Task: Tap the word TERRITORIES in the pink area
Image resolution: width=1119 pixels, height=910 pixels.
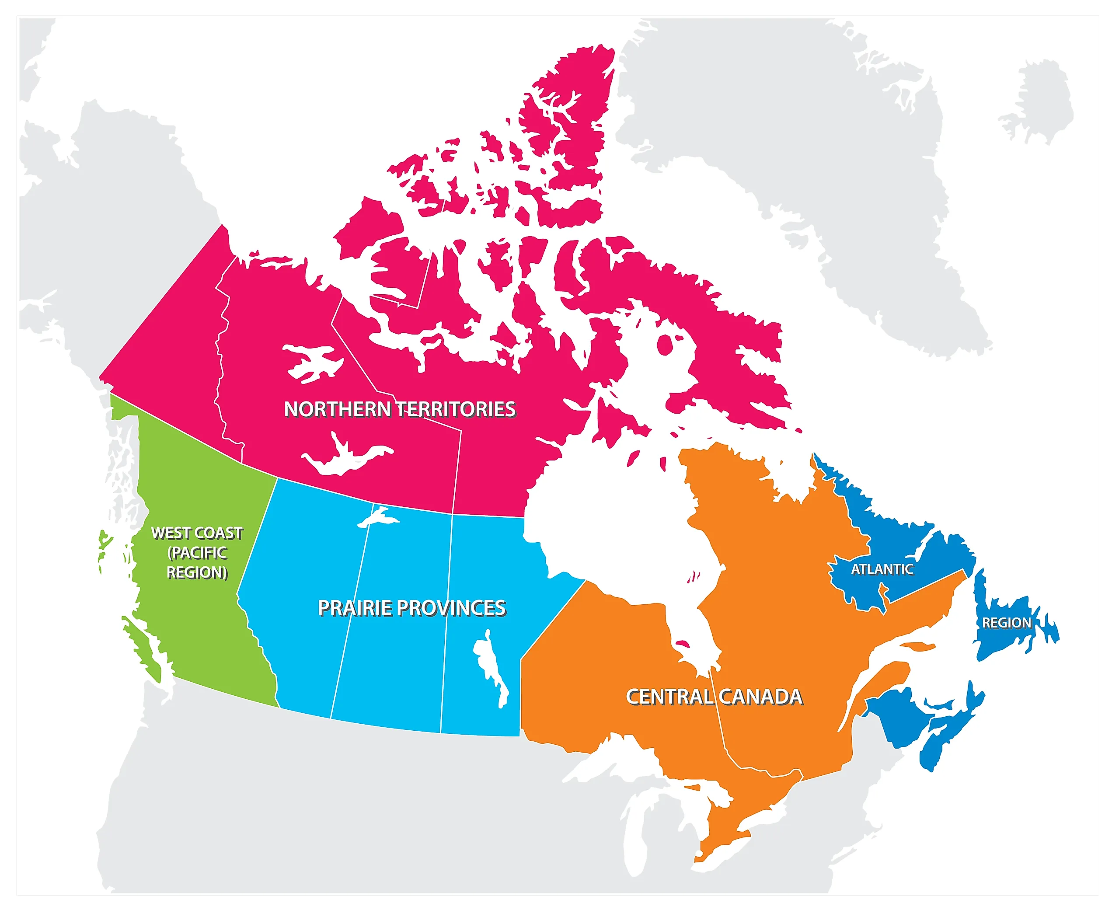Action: (456, 409)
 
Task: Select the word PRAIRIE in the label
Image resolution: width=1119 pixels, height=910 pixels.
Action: (354, 608)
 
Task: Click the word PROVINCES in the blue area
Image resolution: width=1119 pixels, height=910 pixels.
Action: (451, 608)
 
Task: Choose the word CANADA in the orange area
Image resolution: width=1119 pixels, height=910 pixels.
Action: (760, 697)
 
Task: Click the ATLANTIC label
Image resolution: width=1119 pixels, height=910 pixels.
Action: (882, 569)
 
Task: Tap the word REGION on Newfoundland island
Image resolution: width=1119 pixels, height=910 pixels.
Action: (1006, 623)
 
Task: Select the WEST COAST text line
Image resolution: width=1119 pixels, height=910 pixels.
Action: (197, 533)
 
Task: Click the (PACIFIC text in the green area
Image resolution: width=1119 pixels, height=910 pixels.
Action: (197, 552)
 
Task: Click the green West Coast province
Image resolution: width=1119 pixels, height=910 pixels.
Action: (209, 629)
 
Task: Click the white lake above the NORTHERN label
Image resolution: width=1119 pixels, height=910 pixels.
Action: (312, 362)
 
